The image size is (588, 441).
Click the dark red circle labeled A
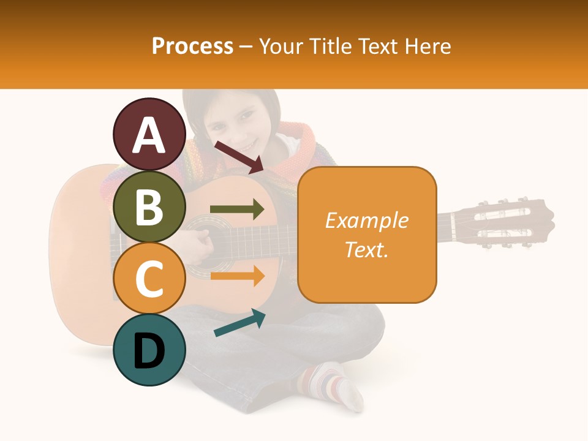click(x=149, y=135)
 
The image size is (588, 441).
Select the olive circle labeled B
click(x=149, y=207)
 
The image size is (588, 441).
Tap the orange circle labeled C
click(x=149, y=279)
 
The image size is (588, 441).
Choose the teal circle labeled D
click(x=149, y=350)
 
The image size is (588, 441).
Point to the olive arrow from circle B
click(x=237, y=209)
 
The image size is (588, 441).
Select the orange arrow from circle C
click(x=237, y=276)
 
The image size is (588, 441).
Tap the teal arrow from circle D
click(x=239, y=323)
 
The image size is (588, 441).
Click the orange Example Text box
click(x=367, y=235)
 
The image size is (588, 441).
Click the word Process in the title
click(x=192, y=46)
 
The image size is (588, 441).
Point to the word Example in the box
click(x=366, y=221)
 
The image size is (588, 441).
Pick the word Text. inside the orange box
click(x=367, y=250)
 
